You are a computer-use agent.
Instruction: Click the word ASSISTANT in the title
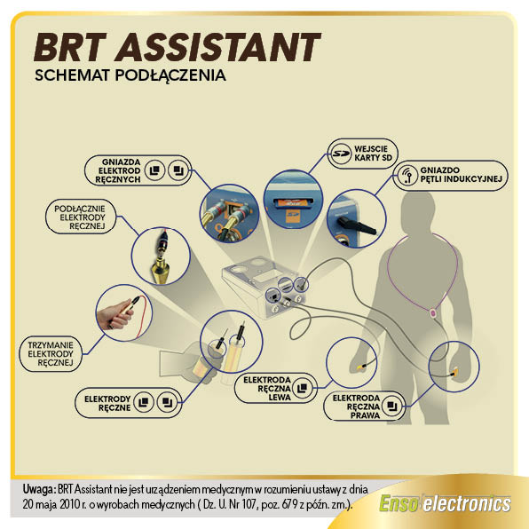tap(217, 47)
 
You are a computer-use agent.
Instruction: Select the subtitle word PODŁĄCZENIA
tap(170, 75)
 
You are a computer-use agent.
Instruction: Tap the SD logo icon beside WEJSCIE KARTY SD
tap(341, 154)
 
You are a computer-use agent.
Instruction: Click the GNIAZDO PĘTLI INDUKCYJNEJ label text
tap(461, 175)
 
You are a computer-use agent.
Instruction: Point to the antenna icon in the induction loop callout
tap(407, 175)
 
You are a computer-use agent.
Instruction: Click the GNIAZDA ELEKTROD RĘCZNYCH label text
tap(118, 170)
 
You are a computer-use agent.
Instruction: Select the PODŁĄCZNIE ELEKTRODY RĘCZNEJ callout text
tap(81, 217)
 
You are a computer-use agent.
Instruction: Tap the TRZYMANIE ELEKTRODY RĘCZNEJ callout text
tap(51, 354)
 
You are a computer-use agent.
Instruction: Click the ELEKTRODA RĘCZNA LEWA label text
tap(267, 389)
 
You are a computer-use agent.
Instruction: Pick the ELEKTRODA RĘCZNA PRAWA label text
tap(356, 407)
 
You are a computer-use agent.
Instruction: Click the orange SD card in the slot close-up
tap(290, 202)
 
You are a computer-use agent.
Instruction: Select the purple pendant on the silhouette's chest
tap(433, 313)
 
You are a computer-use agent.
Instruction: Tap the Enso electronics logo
tap(445, 504)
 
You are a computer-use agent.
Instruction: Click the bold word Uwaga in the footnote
tap(39, 490)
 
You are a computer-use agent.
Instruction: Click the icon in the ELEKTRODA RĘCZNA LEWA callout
tap(302, 388)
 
